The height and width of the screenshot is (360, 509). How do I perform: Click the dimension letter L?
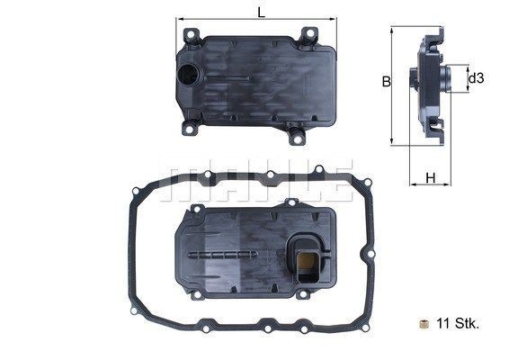coord(260,13)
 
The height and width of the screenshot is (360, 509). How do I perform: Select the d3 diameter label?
coord(477,79)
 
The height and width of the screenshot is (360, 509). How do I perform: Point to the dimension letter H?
coord(430,177)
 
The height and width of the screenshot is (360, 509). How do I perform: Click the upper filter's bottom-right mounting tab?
coord(294,138)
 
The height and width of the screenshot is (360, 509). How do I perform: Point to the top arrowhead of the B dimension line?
coord(392,31)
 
